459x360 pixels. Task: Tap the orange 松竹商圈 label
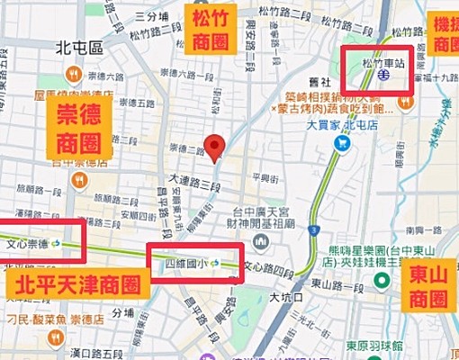210,29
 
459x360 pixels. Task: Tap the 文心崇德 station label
29,243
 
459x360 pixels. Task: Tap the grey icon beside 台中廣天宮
260,241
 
